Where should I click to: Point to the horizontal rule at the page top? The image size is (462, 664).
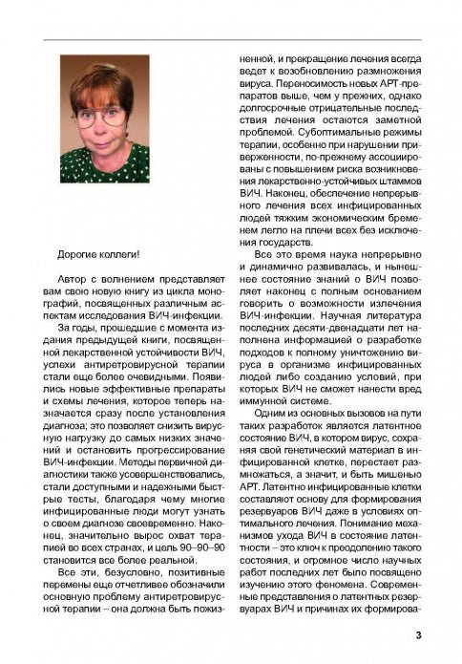click(x=231, y=39)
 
